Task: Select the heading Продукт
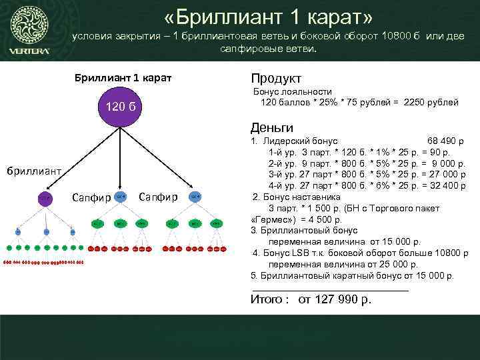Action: pyautogui.click(x=275, y=78)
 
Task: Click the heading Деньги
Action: pyautogui.click(x=272, y=127)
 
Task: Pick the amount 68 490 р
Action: pyautogui.click(x=445, y=141)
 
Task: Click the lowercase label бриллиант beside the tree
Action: pyautogui.click(x=35, y=171)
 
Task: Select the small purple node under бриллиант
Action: pyautogui.click(x=44, y=197)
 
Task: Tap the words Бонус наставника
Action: pyautogui.click(x=301, y=197)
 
